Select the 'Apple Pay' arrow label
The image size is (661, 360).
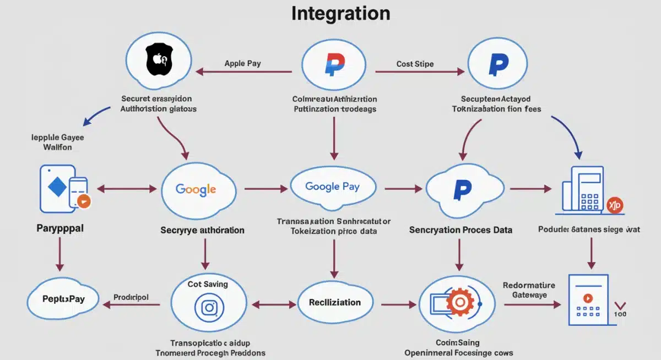coord(242,63)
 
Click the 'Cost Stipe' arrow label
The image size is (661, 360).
coord(415,64)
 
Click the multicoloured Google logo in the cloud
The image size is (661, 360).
coord(196,189)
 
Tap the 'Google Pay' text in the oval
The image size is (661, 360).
coord(332,186)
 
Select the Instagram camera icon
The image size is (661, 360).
coord(208,307)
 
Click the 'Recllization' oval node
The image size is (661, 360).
coord(334,302)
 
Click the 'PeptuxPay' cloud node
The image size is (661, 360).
coord(63,299)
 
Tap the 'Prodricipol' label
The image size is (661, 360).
coord(131,297)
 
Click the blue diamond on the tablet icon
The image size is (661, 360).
coord(57,187)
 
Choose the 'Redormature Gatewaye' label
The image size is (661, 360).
coord(528,290)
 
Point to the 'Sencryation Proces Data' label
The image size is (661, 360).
coord(460,230)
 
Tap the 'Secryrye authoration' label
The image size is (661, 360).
coord(202,230)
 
